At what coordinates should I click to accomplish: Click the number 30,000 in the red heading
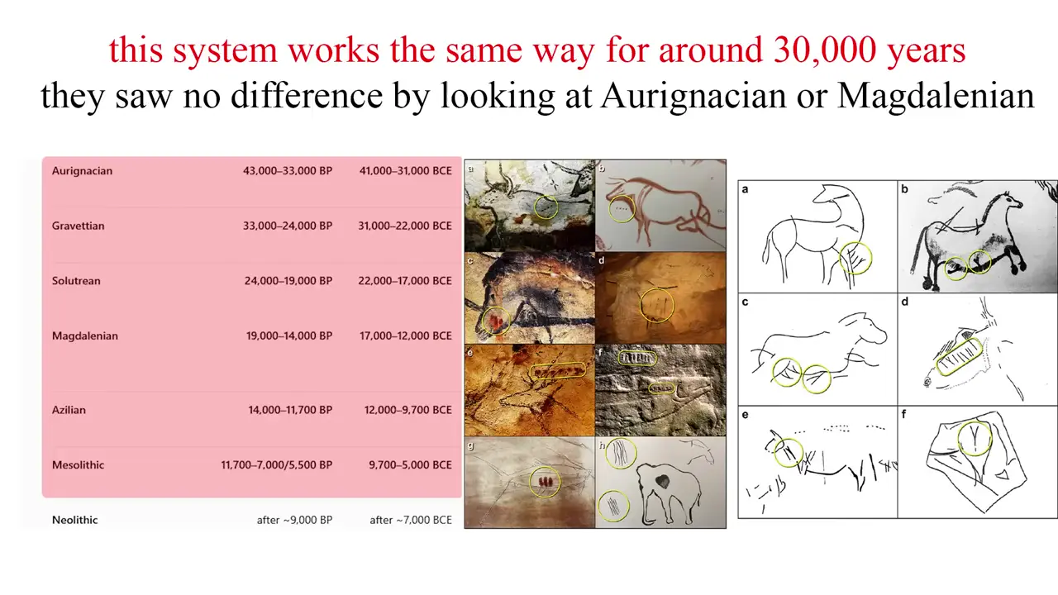[x=825, y=50]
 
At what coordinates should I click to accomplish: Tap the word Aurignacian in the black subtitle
[x=693, y=96]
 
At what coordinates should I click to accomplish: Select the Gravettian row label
[x=78, y=226]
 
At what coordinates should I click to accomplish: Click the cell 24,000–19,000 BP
[x=288, y=280]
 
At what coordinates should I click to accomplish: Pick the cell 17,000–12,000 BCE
[x=405, y=336]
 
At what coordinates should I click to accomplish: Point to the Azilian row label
[x=69, y=410]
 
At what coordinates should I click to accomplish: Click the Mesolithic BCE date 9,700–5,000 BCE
[x=410, y=464]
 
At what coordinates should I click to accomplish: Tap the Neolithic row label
[x=74, y=520]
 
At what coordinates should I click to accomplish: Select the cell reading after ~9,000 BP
[x=294, y=520]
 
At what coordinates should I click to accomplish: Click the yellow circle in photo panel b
[x=609, y=209]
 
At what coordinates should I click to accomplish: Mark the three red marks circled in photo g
[x=545, y=482]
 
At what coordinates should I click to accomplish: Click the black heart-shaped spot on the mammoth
[x=662, y=481]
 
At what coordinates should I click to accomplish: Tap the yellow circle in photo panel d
[x=641, y=306]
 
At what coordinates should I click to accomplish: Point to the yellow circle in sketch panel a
[x=841, y=258]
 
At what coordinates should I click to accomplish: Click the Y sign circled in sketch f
[x=975, y=438]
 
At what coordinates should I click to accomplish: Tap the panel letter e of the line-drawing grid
[x=745, y=415]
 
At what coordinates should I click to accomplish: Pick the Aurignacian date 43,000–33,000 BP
[x=288, y=170]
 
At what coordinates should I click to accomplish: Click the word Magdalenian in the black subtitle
[x=936, y=96]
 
